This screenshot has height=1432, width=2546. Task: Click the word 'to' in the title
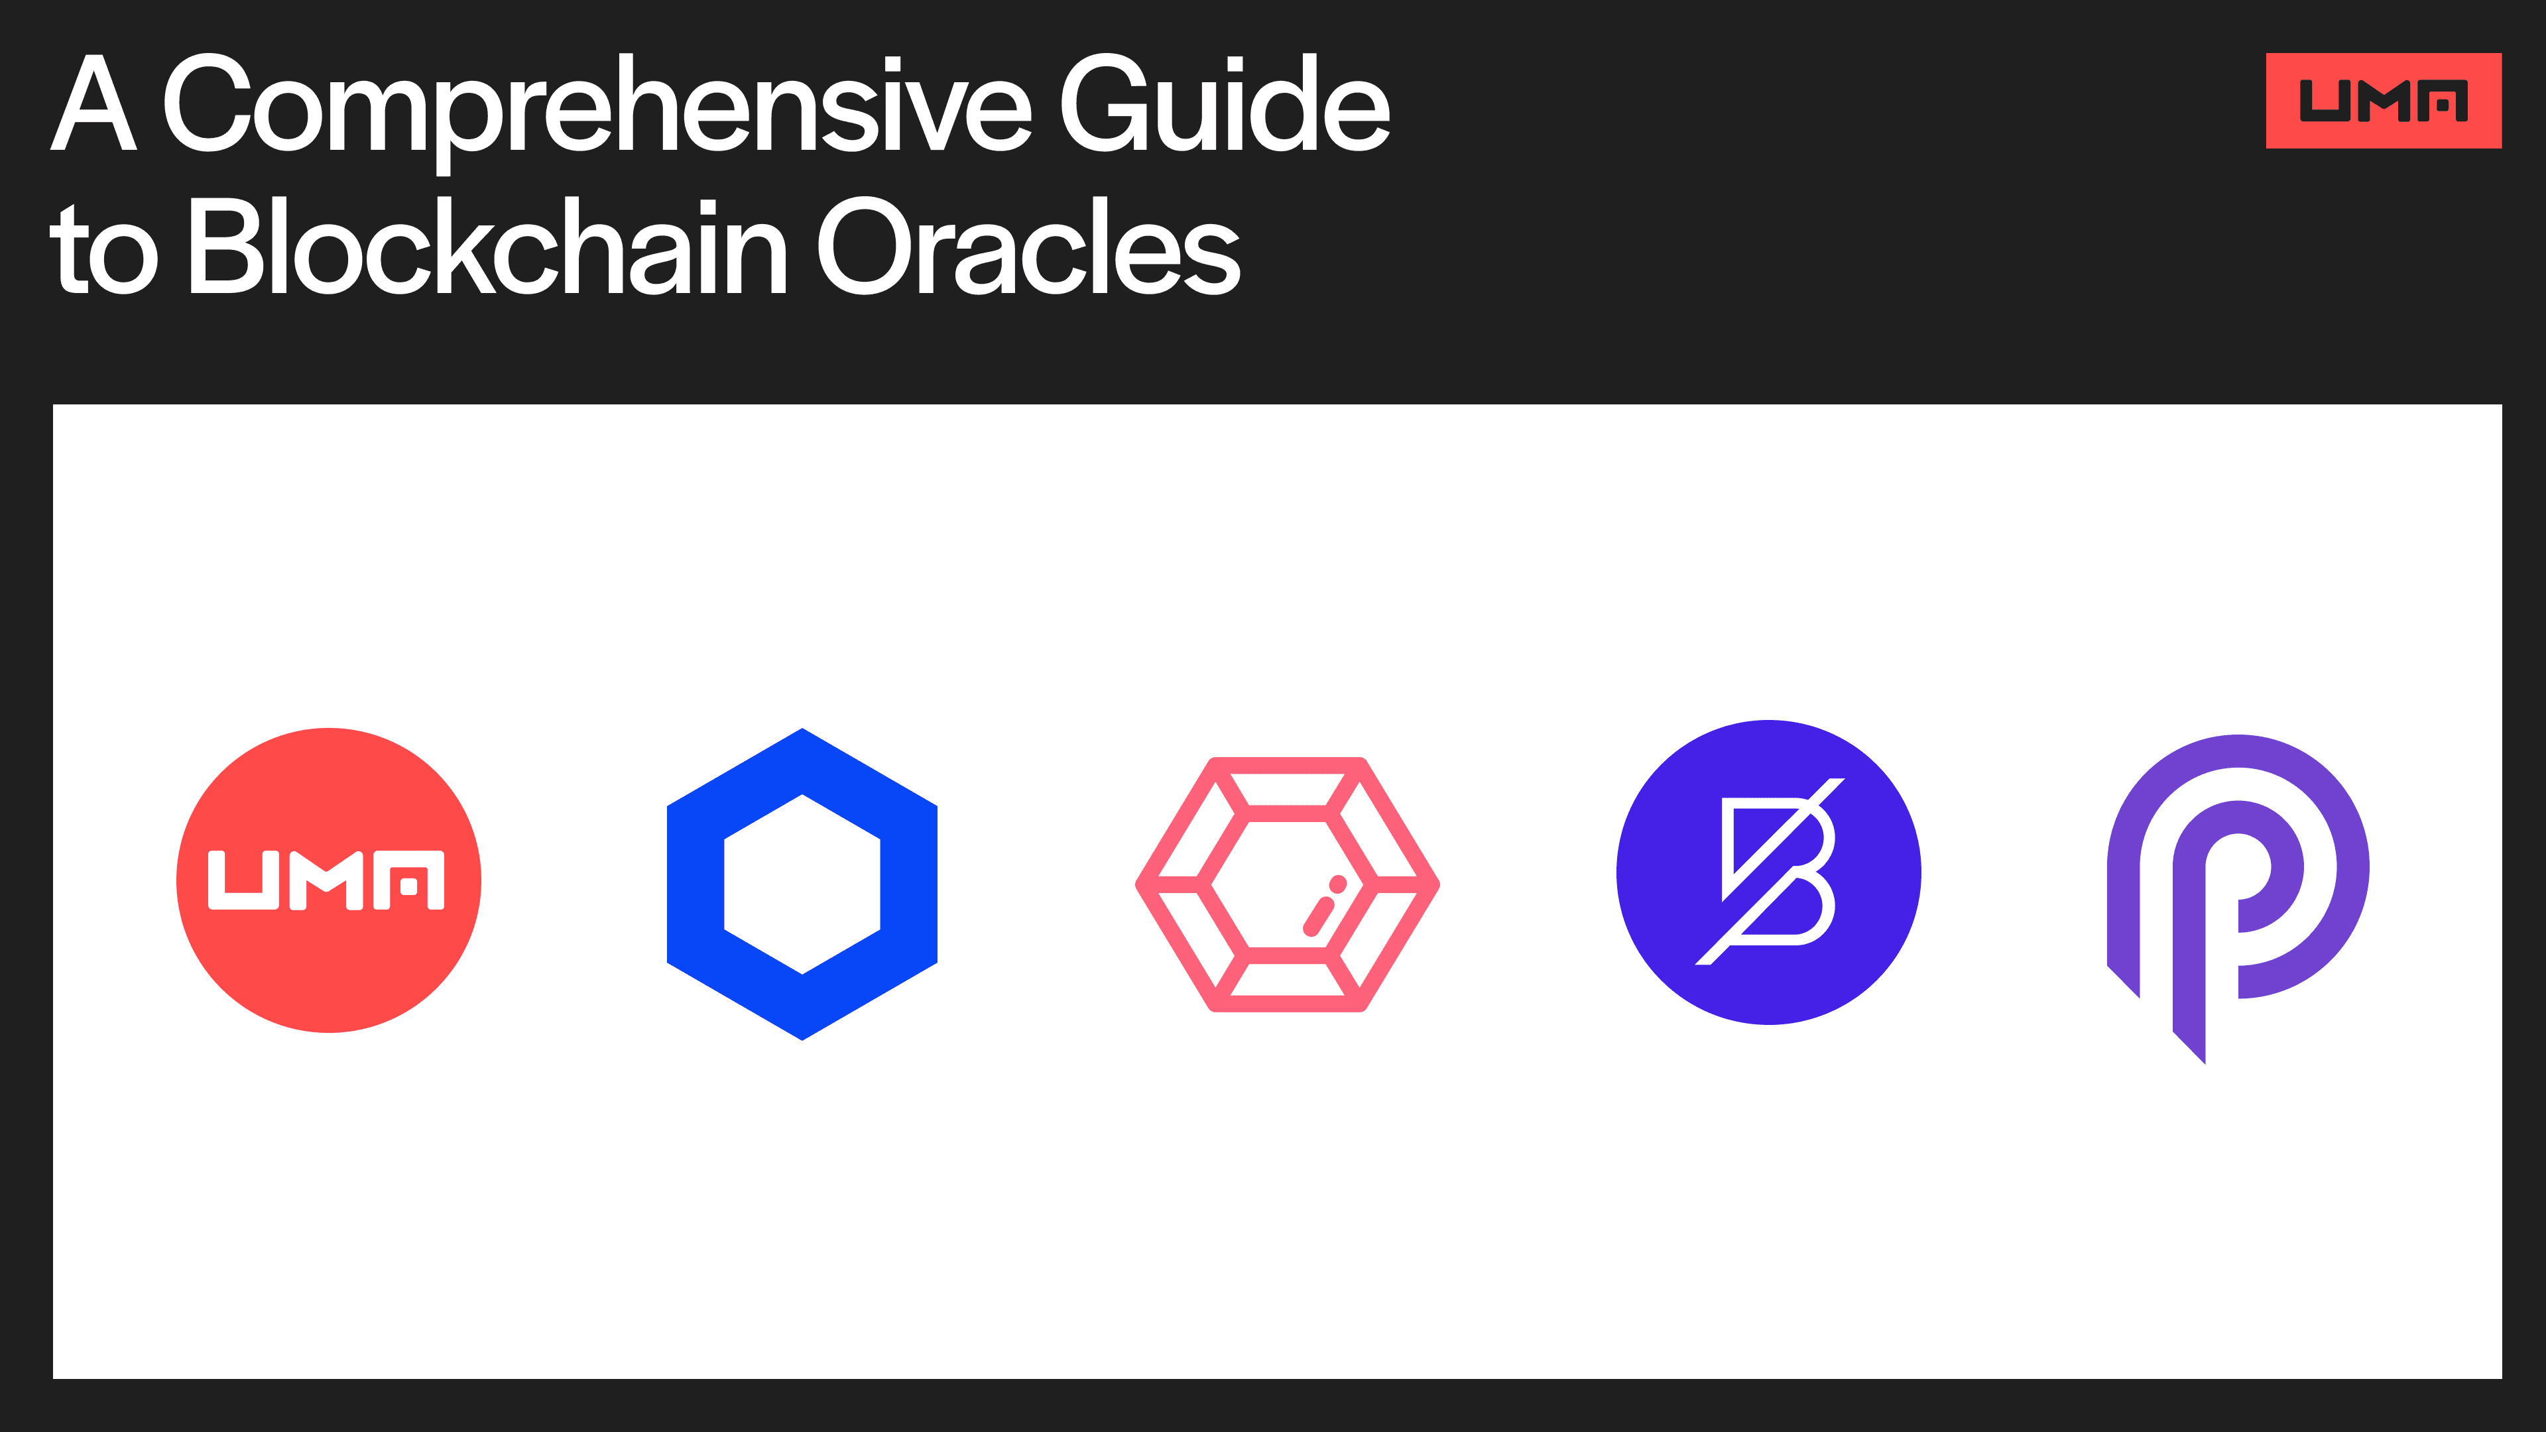(x=104, y=252)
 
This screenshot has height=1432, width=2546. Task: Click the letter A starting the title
(x=93, y=104)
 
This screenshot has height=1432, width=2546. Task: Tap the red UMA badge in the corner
(x=2383, y=101)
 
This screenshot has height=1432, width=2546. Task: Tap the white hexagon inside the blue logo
(x=802, y=884)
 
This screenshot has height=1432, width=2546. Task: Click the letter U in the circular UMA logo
(x=243, y=880)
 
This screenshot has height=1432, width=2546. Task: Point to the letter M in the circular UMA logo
(x=326, y=880)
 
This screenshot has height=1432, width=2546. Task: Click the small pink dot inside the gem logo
(x=1337, y=884)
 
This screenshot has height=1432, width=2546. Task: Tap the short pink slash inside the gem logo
(x=1317, y=916)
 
